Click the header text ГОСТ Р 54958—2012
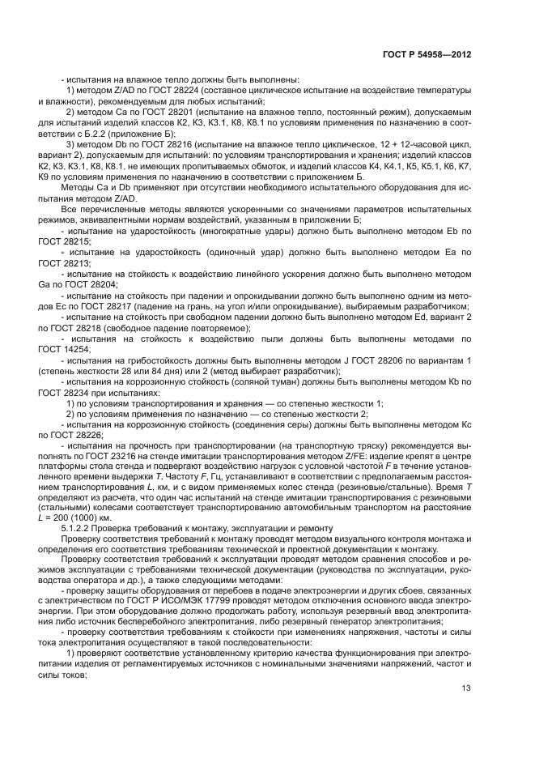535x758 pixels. pos(427,54)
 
